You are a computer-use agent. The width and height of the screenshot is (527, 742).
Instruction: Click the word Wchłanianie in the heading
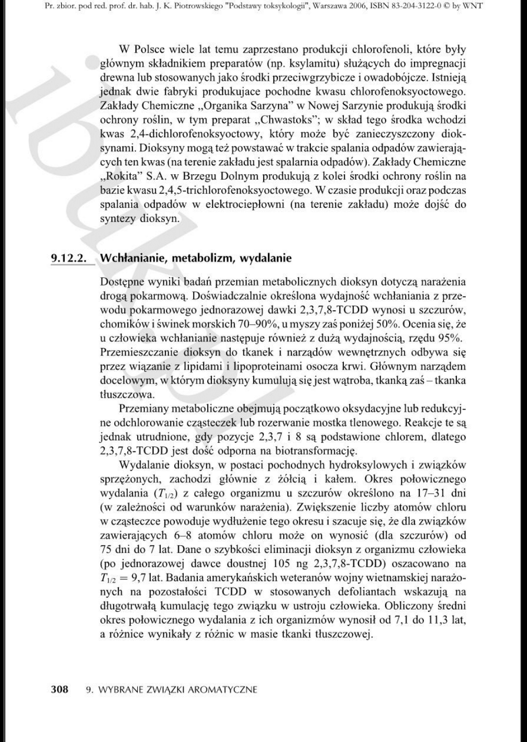click(131, 258)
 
